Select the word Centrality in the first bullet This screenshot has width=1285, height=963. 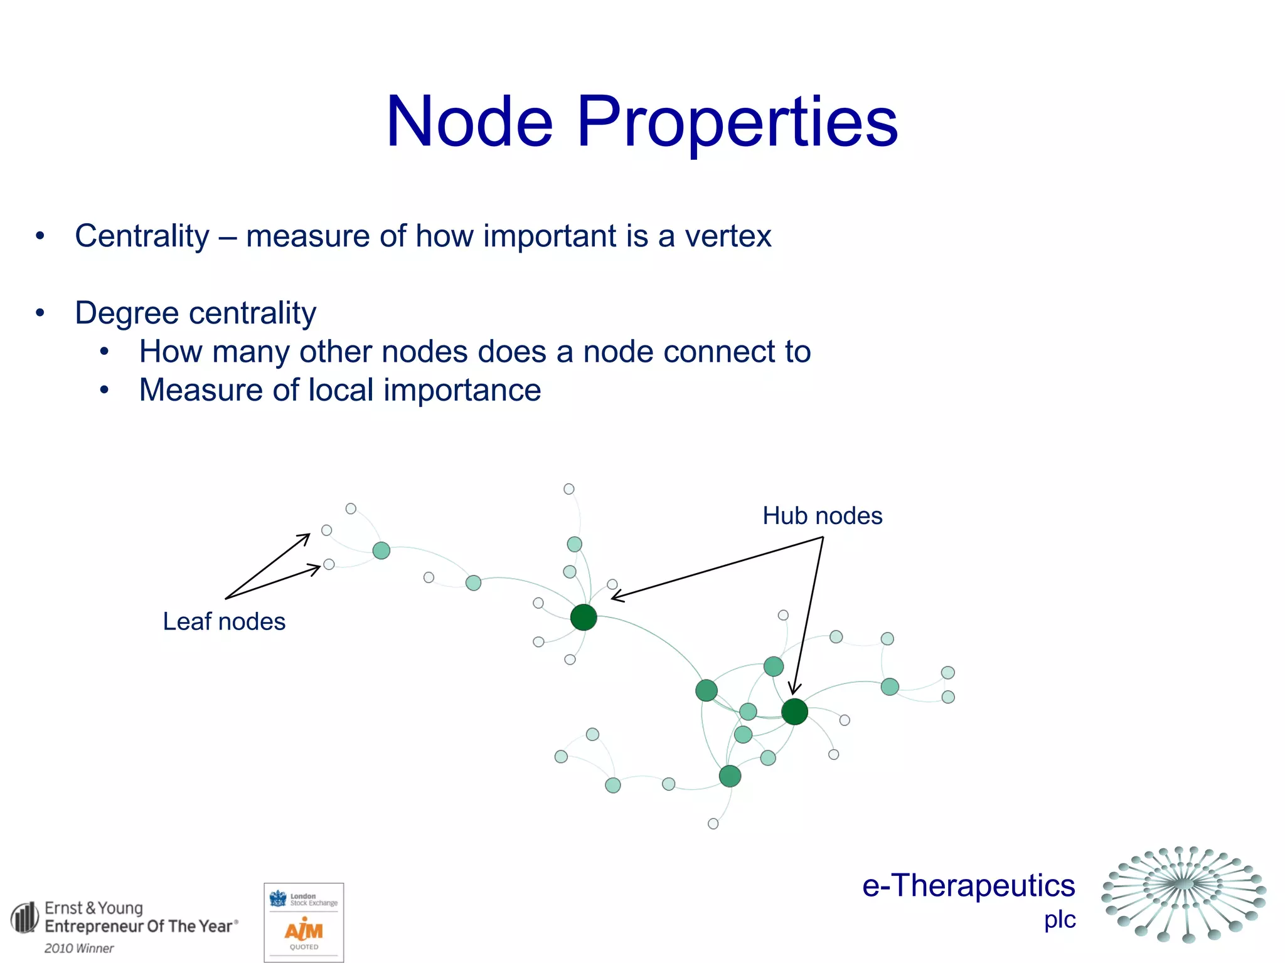pos(142,237)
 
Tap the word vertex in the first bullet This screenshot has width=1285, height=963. pos(727,237)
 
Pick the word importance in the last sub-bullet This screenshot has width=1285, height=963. pos(462,390)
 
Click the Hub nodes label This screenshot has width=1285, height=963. pos(822,516)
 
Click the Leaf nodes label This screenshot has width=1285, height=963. pos(224,621)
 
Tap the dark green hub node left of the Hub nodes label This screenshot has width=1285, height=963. pos(584,618)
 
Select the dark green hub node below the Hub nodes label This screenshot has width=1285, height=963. pos(794,712)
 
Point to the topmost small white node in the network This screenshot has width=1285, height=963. pos(569,489)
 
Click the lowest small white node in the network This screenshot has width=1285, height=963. pos(713,824)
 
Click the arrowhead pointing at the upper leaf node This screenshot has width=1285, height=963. pos(306,537)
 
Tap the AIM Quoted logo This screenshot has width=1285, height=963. pos(304,932)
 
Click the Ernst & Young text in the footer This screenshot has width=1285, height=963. pos(93,908)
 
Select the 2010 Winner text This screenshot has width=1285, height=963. pos(79,949)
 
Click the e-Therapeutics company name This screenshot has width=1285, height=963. pos(968,886)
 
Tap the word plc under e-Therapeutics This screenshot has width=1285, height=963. pos(1060,920)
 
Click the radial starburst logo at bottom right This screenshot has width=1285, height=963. pos(1183,894)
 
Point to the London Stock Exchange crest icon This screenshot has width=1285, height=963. pos(277,899)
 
